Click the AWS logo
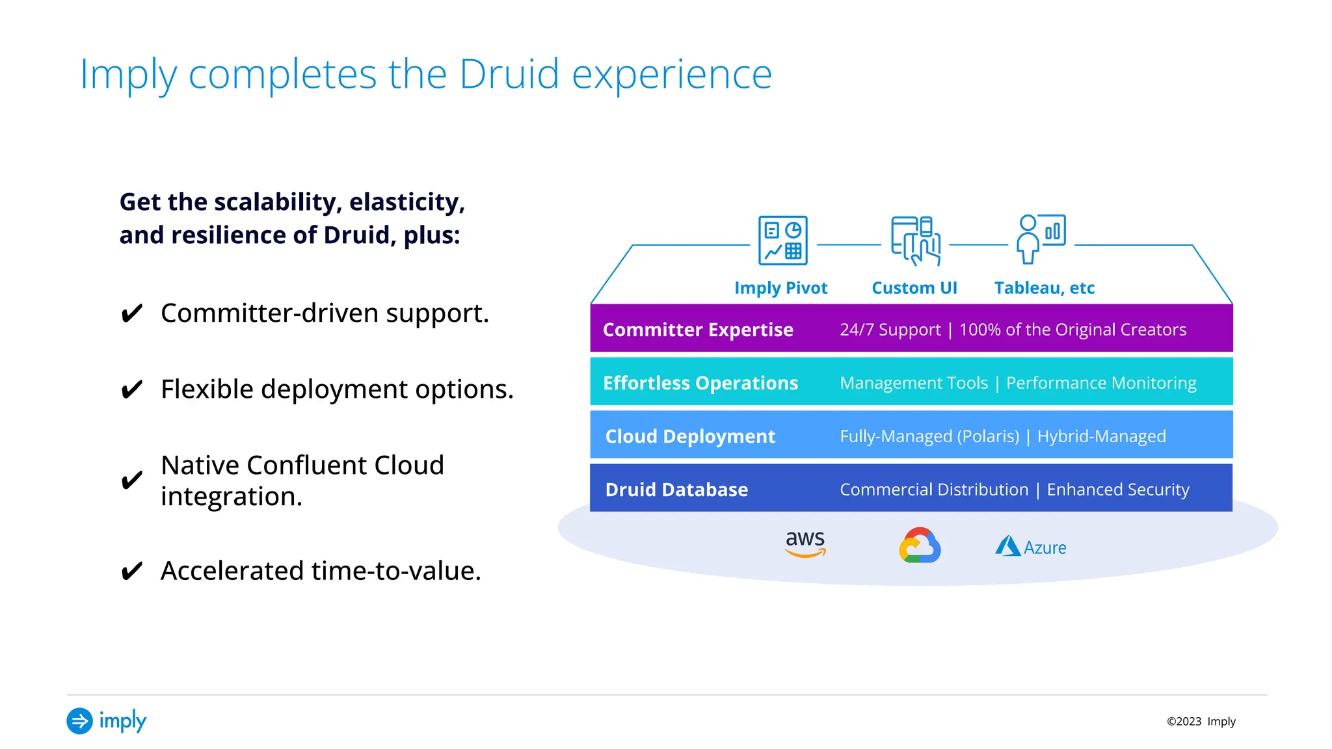coord(805,544)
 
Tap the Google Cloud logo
coord(920,545)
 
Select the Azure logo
coord(1031,547)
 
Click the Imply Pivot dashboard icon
coord(783,241)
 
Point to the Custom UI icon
coord(916,241)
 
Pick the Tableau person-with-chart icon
coord(1041,239)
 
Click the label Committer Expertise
coord(698,330)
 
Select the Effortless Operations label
coord(700,383)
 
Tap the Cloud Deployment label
coord(690,436)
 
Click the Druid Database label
coord(676,490)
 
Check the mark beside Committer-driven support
coord(132,313)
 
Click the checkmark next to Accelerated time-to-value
coord(132,572)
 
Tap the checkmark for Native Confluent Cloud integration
coord(132,480)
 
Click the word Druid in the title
coord(509,74)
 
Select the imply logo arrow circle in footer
coord(80,720)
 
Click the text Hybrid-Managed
coord(1101,436)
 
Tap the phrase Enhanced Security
coord(1117,490)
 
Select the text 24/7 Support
coord(890,330)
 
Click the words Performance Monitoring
coord(1101,383)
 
